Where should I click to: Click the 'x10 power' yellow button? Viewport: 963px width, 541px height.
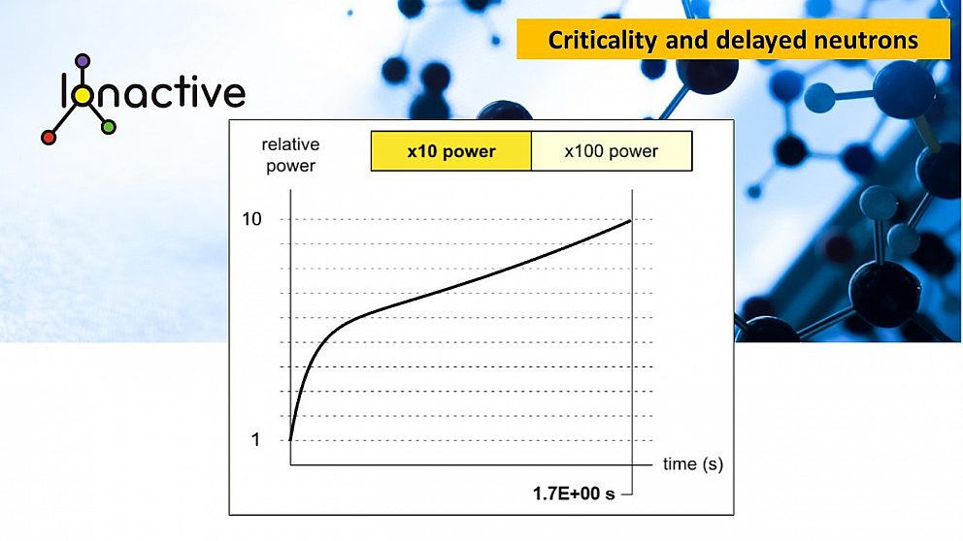tap(450, 151)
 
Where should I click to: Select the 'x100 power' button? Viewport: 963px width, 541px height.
tap(612, 151)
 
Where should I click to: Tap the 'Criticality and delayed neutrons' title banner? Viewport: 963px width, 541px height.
tap(733, 40)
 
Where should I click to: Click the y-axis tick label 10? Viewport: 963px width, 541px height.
tap(251, 219)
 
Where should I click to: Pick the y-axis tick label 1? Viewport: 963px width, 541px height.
tap(255, 440)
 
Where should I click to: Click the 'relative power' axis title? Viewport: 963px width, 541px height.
tap(290, 155)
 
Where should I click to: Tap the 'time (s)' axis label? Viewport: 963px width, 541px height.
tap(693, 464)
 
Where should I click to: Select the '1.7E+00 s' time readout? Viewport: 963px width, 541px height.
tap(574, 493)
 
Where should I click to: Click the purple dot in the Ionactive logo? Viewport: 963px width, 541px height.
tap(82, 60)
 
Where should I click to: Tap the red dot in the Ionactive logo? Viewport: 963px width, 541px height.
tap(49, 138)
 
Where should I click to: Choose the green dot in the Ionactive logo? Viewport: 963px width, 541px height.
tap(109, 127)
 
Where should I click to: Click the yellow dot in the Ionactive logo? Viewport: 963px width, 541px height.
tap(82, 95)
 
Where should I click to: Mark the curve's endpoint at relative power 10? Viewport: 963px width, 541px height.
tap(631, 220)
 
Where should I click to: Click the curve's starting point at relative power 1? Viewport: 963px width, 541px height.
tap(290, 440)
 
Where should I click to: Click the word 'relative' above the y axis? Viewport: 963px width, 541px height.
tap(290, 145)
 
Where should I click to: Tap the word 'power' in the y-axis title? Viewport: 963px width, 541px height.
tap(290, 166)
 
